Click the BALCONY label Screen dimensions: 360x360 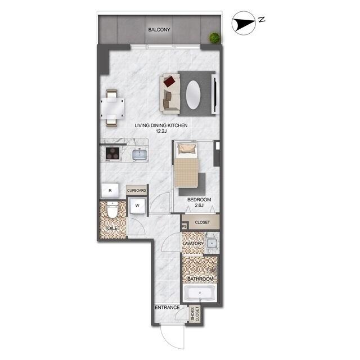point(159,29)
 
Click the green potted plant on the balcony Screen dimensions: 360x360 point(214,38)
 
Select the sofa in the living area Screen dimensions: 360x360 point(170,93)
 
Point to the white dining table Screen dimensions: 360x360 point(113,105)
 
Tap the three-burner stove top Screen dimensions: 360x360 point(112,154)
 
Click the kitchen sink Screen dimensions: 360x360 point(140,154)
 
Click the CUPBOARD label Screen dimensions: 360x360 point(137,191)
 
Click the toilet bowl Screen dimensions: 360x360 point(112,214)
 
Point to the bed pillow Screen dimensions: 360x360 point(187,149)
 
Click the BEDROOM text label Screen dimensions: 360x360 point(199,200)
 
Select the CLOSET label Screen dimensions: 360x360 point(202,223)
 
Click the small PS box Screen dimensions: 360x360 point(184,226)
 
